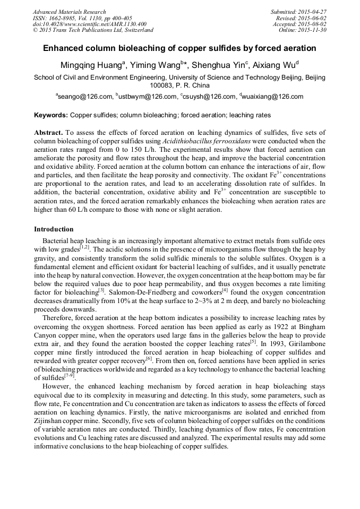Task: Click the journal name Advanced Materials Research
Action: tap(69, 12)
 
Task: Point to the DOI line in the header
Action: tap(90, 24)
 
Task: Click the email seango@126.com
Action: tap(85, 97)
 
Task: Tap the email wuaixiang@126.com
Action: tap(272, 97)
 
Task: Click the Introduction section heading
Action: tap(54, 229)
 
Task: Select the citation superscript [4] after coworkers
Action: tap(225, 290)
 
